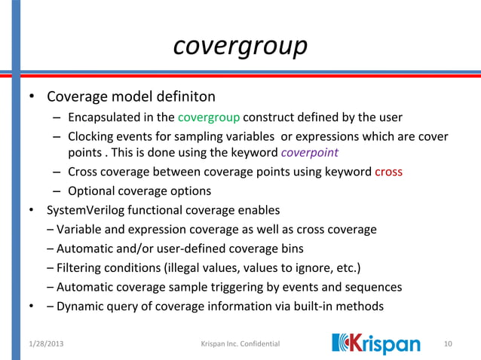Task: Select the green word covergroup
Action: coord(209,117)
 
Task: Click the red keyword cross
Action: coord(388,172)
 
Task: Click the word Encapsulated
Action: coord(102,117)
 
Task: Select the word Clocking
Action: coord(89,136)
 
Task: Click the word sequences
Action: coord(373,287)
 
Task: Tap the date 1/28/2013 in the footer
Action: coord(37,344)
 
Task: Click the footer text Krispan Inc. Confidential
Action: coord(240,344)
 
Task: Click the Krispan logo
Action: coord(375,343)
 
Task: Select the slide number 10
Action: coord(449,344)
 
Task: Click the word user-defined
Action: coord(179,248)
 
